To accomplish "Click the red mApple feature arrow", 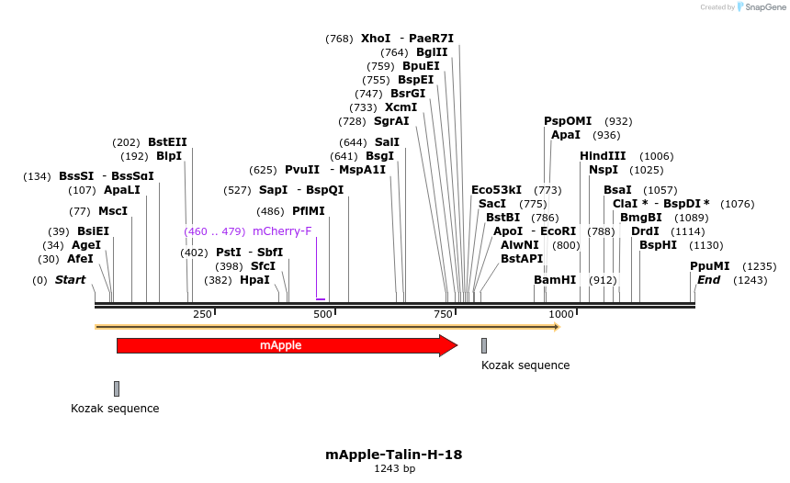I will coord(285,345).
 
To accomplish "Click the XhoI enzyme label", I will coord(376,39).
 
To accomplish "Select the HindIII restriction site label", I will coord(603,156).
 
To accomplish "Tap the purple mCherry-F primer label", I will coord(282,231).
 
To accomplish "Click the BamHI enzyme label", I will coord(555,279).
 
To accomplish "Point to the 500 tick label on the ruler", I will coord(323,314).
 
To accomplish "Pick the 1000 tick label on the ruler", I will coord(561,314).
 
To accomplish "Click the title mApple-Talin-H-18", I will coord(394,455).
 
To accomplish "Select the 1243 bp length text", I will coord(394,469).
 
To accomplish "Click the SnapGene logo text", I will coord(762,7).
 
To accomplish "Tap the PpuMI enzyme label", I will coord(709,266).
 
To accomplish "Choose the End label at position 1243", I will coord(708,280).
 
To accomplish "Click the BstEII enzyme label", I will coord(167,142).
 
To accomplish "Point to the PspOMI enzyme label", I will coord(568,121).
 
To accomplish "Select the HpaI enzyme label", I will coord(254,280).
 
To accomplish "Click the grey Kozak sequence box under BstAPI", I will coord(484,345).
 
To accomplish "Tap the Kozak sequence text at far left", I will coord(115,409).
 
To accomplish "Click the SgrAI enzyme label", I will coord(391,121).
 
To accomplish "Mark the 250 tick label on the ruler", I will coord(203,314).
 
